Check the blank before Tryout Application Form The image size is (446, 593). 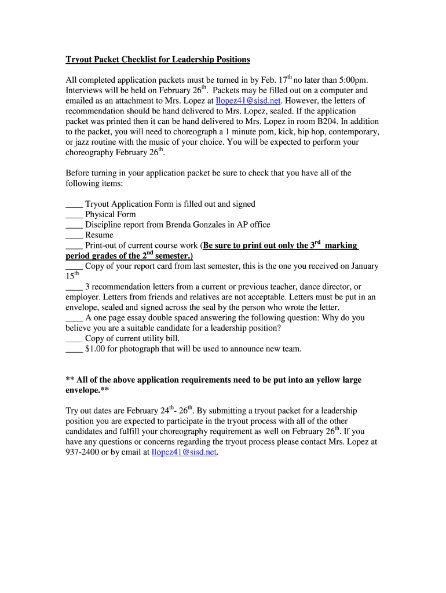(74, 204)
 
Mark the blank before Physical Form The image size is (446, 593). (74, 215)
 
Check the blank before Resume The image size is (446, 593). (74, 236)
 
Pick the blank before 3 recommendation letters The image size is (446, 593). (74, 287)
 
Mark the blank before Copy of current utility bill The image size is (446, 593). (74, 339)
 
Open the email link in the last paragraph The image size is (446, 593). (184, 453)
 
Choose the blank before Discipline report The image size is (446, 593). (74, 225)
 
